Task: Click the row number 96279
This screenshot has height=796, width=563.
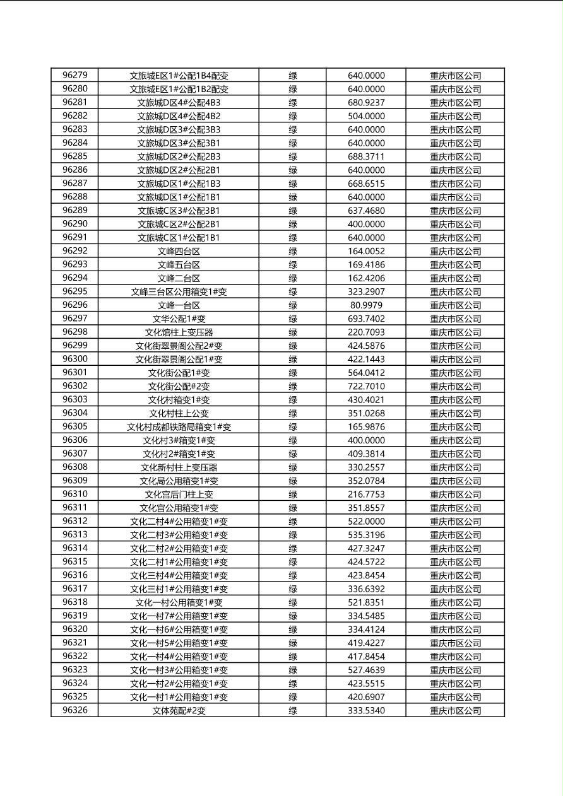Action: tap(75, 75)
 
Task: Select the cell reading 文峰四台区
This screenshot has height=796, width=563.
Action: tap(179, 251)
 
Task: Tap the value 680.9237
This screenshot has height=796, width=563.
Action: tap(366, 102)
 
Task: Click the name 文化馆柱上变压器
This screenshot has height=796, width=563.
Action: tap(179, 332)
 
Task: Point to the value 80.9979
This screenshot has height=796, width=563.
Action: tap(366, 305)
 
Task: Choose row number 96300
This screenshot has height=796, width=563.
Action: tap(75, 359)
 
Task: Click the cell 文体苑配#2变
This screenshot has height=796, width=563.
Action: tap(179, 711)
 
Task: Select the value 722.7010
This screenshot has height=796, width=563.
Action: tap(366, 386)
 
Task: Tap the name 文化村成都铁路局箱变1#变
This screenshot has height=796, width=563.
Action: tap(179, 427)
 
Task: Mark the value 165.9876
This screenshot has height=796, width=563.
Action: tap(366, 427)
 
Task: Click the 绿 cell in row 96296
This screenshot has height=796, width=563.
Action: tap(293, 305)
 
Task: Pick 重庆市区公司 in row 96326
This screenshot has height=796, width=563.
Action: tap(455, 711)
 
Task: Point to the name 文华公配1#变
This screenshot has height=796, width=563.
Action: tap(179, 319)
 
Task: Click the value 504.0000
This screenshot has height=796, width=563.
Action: tap(366, 116)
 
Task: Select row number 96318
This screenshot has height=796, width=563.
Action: tap(75, 602)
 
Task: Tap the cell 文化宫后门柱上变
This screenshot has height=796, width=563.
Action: tap(179, 495)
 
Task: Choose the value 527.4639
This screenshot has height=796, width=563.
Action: tap(366, 670)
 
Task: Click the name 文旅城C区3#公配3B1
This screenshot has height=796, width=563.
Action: tap(179, 211)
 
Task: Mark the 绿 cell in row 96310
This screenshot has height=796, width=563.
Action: tap(293, 495)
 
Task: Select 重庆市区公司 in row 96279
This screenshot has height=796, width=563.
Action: tap(455, 75)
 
